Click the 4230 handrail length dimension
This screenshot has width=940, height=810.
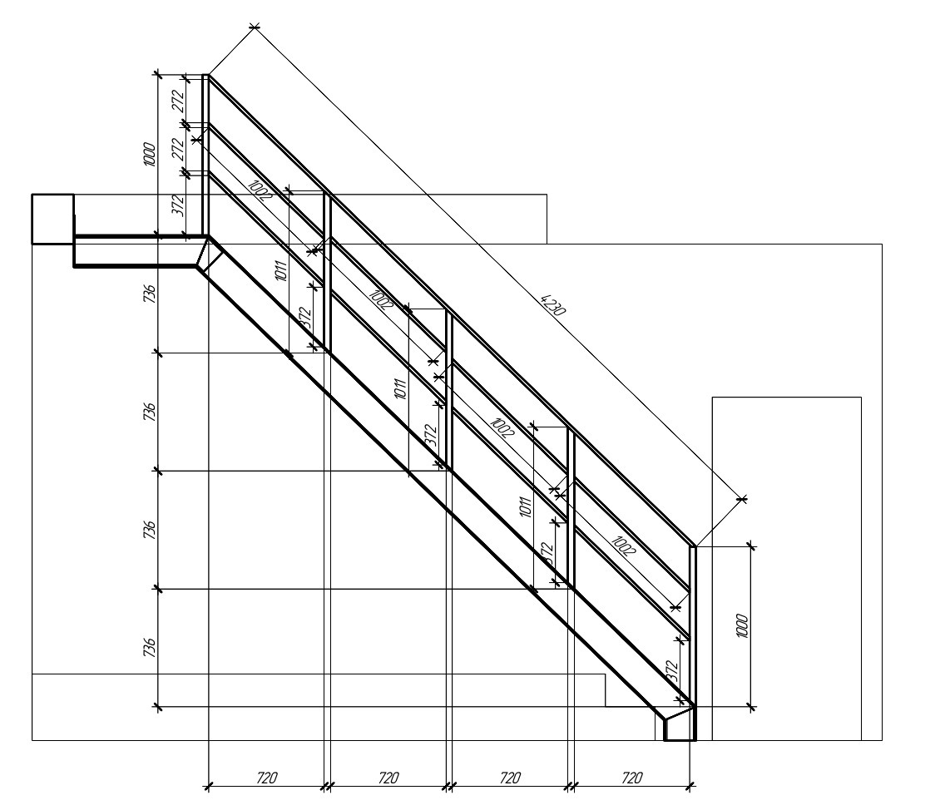[552, 304]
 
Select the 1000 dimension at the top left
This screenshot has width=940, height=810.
[149, 155]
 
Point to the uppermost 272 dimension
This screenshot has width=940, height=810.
[178, 101]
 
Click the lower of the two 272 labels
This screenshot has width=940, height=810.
[178, 149]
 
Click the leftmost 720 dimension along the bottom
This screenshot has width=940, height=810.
[267, 778]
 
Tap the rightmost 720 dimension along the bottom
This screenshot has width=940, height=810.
[632, 778]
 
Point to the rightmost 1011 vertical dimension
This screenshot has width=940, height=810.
[525, 506]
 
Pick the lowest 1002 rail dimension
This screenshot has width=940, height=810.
[623, 546]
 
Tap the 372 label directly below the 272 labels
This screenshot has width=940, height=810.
[178, 205]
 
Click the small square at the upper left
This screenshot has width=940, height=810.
[52, 219]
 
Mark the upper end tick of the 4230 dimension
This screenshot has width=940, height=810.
[255, 27]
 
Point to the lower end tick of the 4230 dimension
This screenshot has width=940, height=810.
[743, 498]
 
